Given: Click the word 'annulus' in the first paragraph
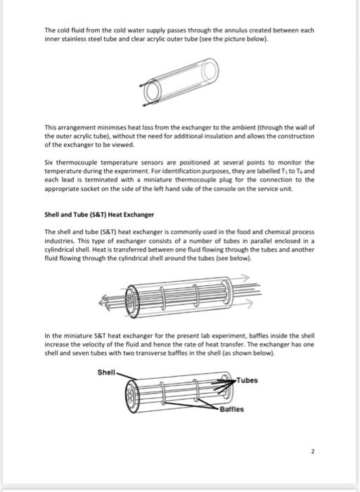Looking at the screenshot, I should coord(245,30).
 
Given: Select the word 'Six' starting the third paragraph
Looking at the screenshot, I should coord(49,162).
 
